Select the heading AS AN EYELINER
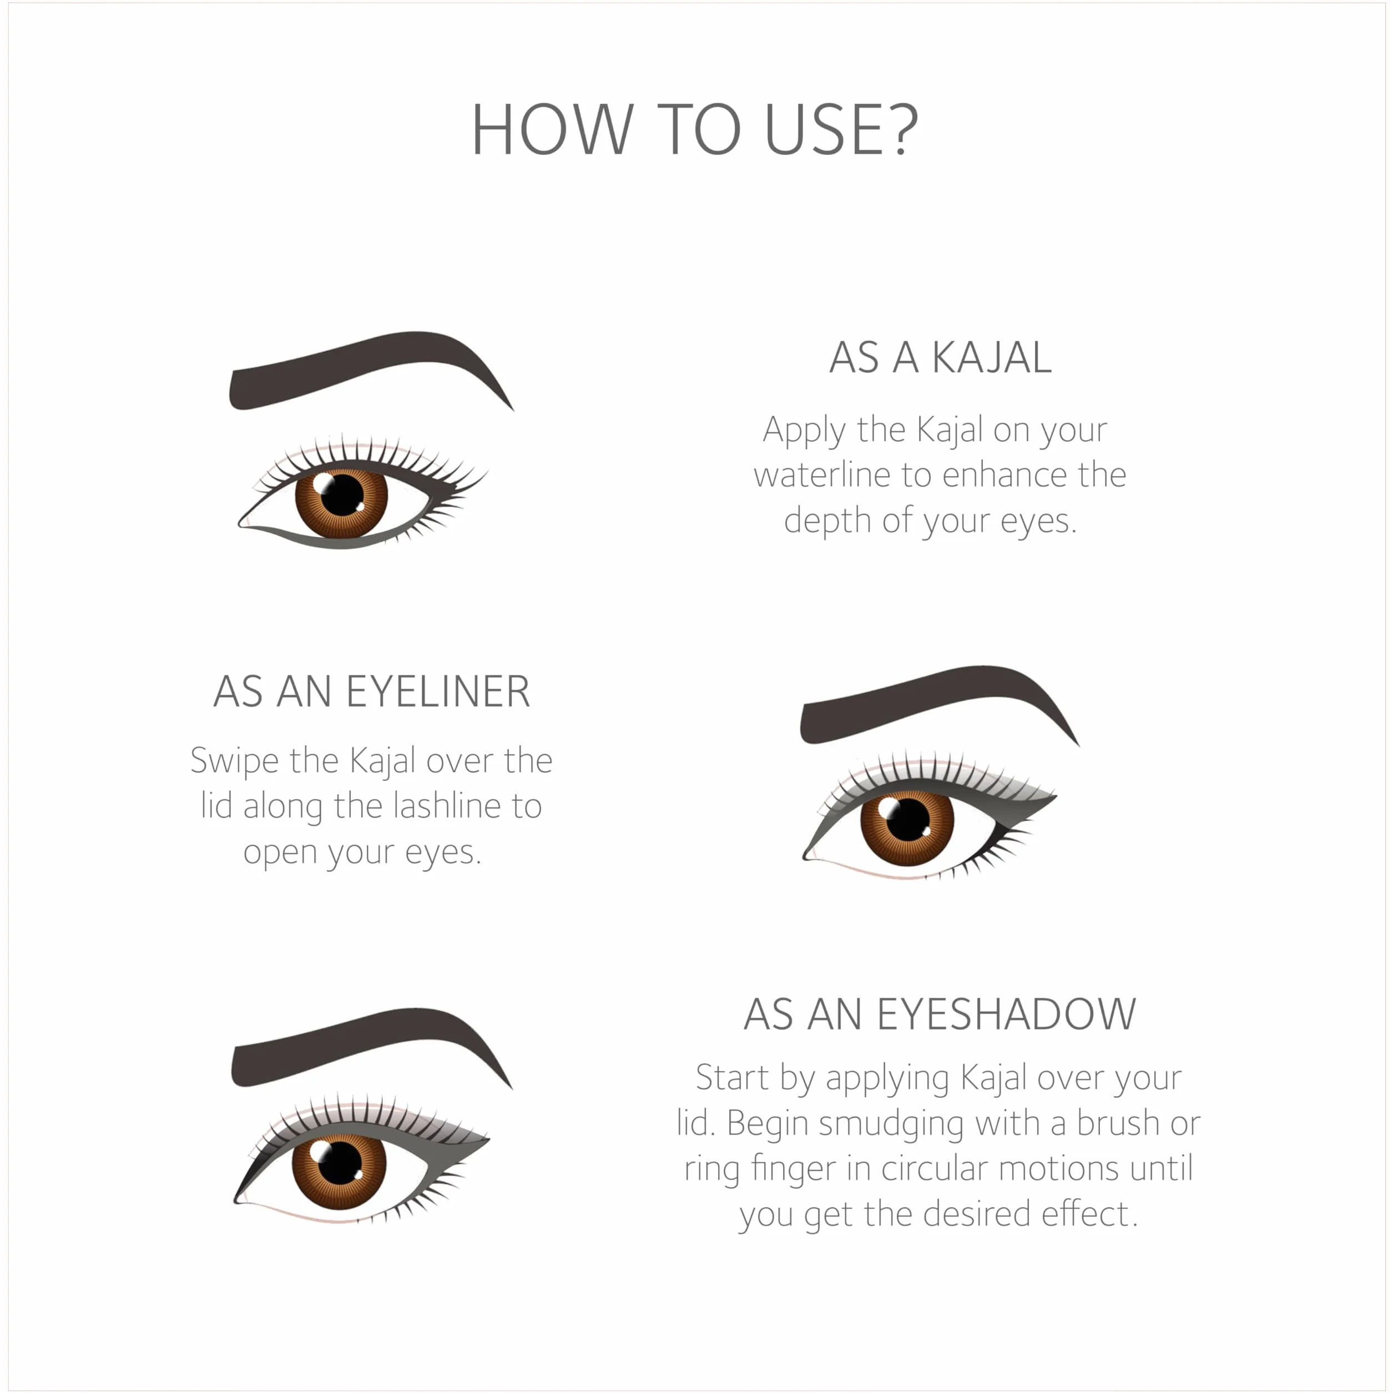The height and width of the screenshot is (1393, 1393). click(372, 692)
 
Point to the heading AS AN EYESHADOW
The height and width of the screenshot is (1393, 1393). click(940, 1015)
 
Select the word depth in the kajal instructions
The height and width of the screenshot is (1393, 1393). click(827, 521)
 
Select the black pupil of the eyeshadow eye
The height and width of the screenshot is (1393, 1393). click(340, 1164)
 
